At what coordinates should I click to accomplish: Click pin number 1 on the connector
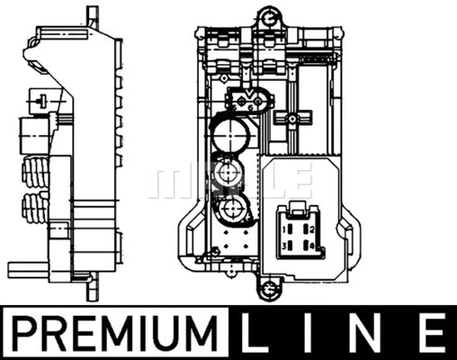(286, 229)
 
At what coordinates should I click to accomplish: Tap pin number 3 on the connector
(286, 245)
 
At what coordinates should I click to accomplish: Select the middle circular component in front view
(228, 175)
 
